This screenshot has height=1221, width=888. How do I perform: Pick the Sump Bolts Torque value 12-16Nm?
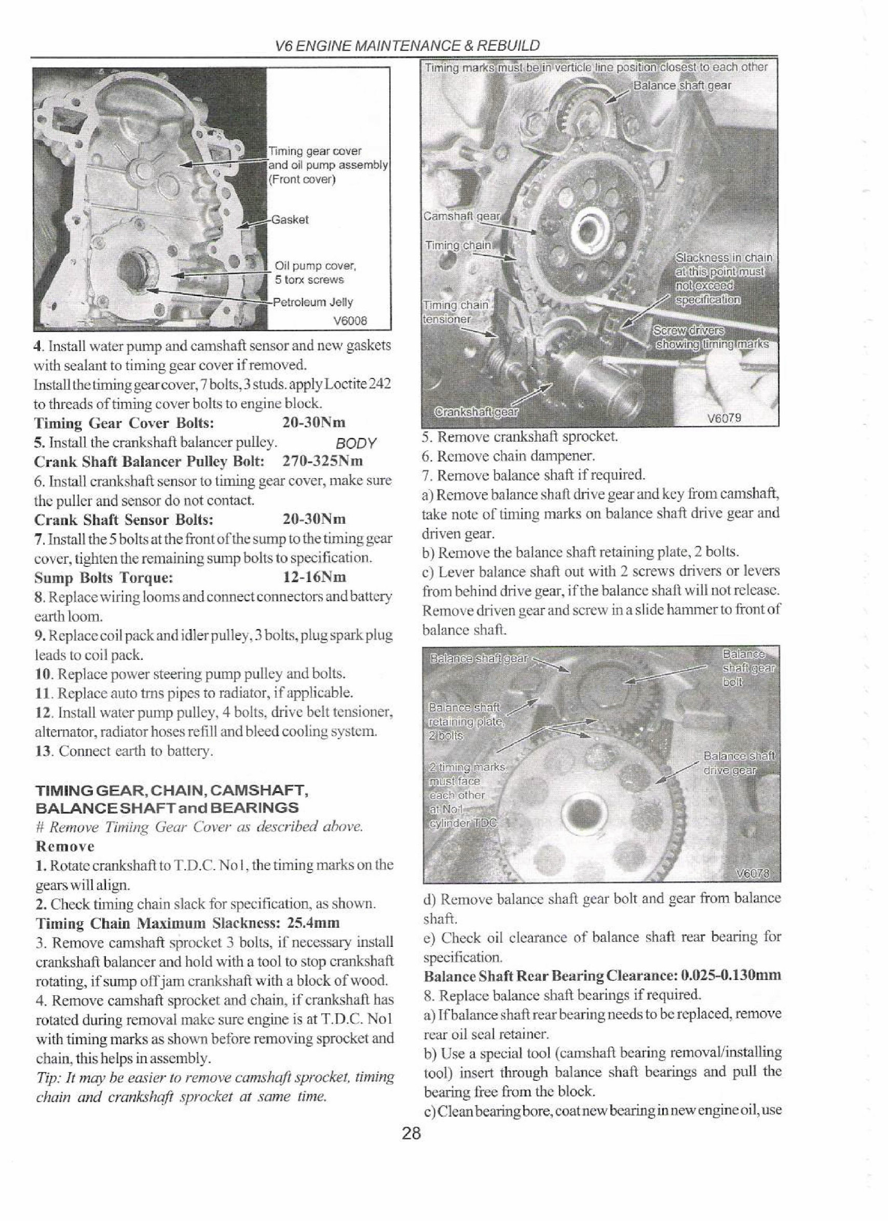click(x=315, y=578)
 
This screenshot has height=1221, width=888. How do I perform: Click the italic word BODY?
click(x=355, y=444)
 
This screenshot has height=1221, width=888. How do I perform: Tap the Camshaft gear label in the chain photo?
click(x=462, y=216)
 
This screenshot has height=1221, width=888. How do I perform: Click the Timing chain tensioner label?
click(x=455, y=311)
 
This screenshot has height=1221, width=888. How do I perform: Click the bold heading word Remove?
click(x=64, y=846)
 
